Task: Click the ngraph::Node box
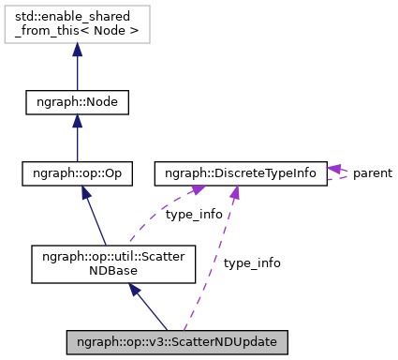click(x=77, y=101)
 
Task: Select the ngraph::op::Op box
click(x=77, y=173)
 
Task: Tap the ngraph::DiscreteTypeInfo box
click(x=241, y=173)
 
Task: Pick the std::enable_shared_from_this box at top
click(x=77, y=24)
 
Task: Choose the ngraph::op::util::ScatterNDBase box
click(x=112, y=263)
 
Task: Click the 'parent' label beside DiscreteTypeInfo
click(x=372, y=173)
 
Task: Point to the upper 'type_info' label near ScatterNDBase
click(x=194, y=215)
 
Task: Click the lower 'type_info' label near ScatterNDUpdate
click(x=252, y=263)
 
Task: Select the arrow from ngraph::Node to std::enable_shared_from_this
click(x=77, y=67)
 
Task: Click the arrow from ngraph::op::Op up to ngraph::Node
click(x=77, y=139)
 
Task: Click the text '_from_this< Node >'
click(x=77, y=32)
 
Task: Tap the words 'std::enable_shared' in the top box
click(x=77, y=18)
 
